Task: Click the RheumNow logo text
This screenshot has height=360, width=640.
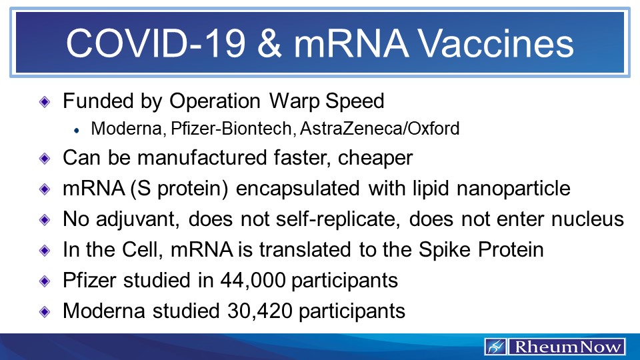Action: coord(566,347)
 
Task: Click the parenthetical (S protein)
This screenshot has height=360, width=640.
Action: coord(172,189)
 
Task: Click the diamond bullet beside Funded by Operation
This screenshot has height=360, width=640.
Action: coord(45,101)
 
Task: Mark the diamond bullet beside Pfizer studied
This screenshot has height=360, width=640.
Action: coord(45,281)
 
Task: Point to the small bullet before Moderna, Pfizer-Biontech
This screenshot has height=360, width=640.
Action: coord(77,129)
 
